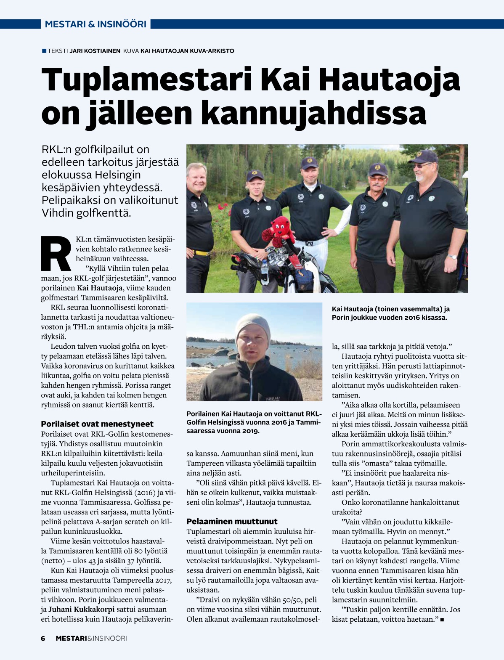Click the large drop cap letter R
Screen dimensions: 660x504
coord(56,254)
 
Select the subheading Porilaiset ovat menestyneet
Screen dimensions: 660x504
coord(97,424)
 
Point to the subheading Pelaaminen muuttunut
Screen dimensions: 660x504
coord(232,521)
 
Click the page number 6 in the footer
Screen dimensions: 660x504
coord(43,639)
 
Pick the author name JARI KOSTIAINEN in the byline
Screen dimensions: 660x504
coord(95,51)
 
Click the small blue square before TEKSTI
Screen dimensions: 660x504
coord(44,51)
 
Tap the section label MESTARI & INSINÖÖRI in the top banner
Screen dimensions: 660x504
coord(95,24)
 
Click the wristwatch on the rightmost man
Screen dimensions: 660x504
coord(452,257)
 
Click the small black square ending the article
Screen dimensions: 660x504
coord(442,619)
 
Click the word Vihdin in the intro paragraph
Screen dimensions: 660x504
coord(59,213)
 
